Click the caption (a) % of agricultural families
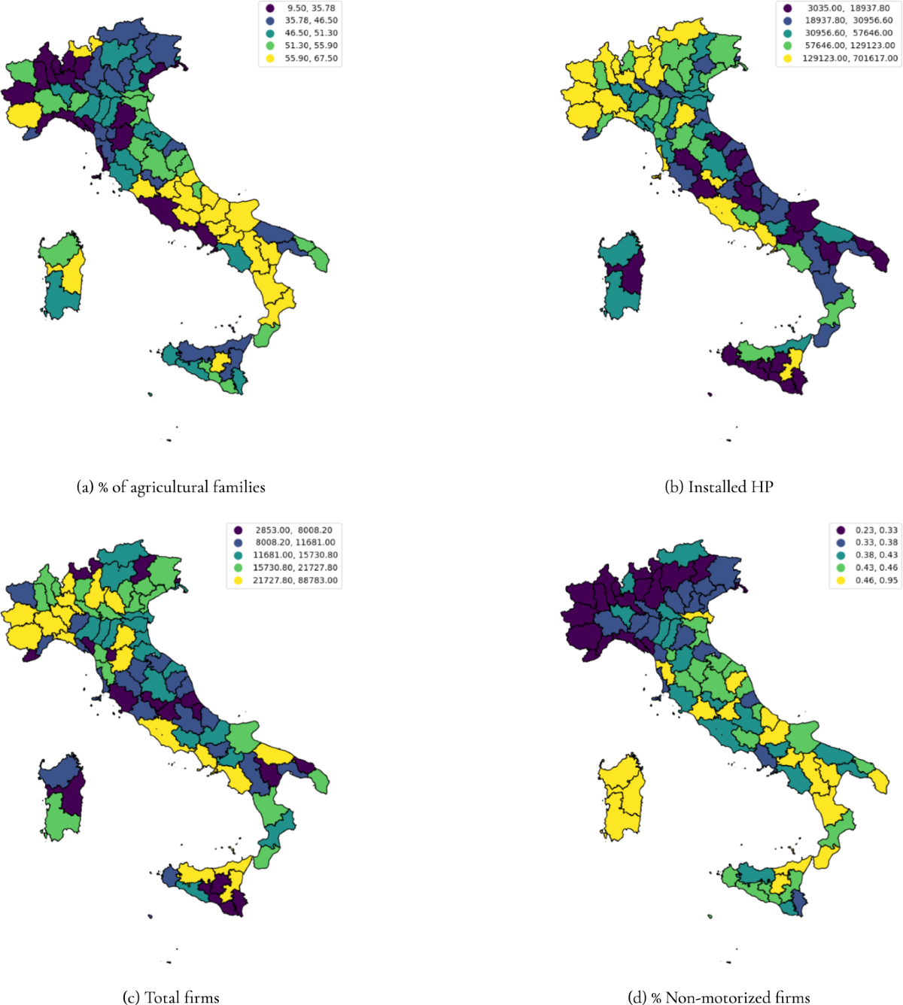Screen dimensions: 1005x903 (x=171, y=487)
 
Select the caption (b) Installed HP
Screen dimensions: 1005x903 (x=719, y=487)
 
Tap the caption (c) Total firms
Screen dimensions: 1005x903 (x=171, y=997)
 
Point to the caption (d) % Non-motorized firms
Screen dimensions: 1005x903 (x=719, y=997)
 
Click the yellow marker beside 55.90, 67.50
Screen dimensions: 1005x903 (x=270, y=58)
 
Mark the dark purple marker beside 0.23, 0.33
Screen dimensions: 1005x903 (x=841, y=530)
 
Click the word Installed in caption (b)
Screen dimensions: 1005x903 (x=707, y=487)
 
